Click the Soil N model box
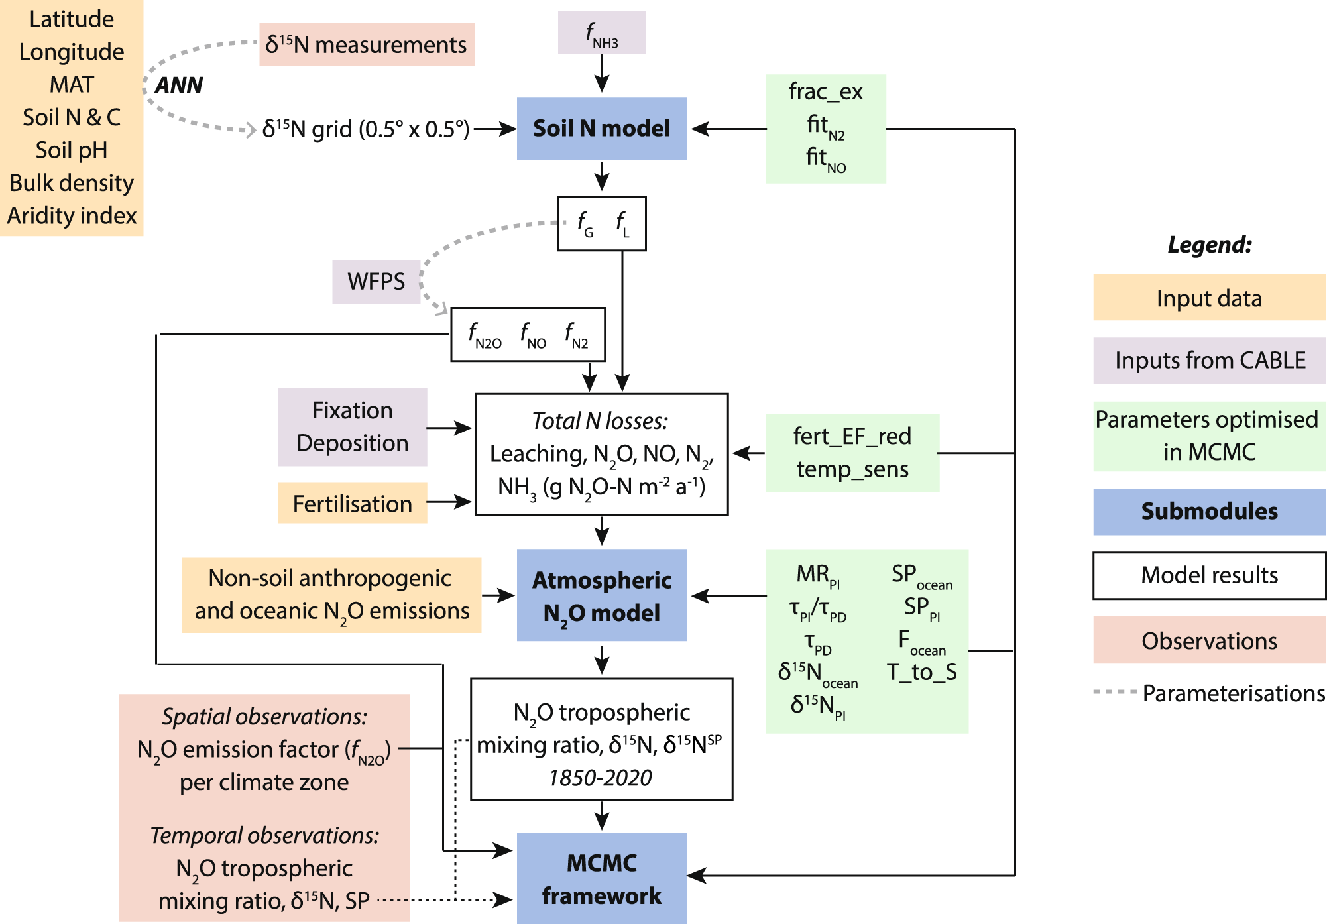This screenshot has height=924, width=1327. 601,129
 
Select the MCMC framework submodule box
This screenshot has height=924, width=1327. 601,878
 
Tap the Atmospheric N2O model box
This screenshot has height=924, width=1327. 601,595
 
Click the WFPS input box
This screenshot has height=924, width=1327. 376,282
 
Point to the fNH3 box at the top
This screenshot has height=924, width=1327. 601,33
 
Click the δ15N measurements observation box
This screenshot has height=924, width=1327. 367,45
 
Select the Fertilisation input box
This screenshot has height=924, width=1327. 352,504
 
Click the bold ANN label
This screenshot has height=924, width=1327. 178,86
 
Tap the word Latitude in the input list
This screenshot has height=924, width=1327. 72,19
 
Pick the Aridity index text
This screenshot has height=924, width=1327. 72,216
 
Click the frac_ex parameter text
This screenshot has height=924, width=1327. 825,91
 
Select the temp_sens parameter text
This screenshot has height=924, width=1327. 852,469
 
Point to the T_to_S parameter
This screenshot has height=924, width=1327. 921,672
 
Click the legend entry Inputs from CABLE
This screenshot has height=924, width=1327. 1209,360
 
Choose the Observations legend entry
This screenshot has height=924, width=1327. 1209,640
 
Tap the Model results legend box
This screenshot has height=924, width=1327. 1209,575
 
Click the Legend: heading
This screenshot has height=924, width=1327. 1209,245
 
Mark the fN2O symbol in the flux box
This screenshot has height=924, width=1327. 485,335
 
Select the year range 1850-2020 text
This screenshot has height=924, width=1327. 601,778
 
